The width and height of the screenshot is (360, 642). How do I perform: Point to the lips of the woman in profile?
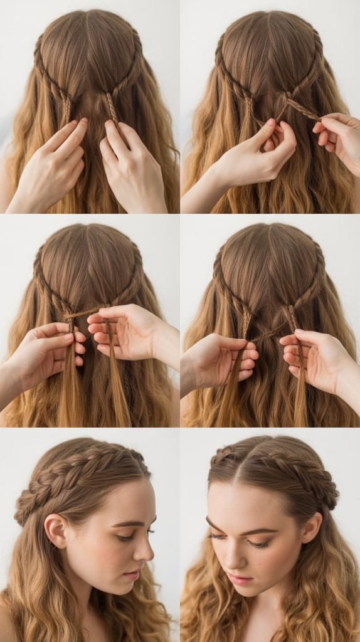tap(133, 575)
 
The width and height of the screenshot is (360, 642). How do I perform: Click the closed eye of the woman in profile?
tap(125, 537)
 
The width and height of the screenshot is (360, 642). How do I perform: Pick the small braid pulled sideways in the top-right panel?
tap(301, 110)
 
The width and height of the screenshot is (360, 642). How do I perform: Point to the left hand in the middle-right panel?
tap(220, 364)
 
